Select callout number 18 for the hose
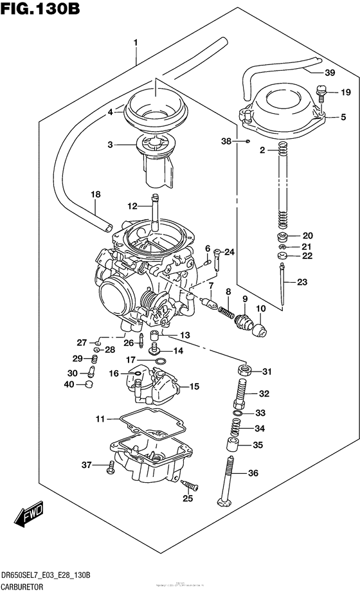click(x=96, y=194)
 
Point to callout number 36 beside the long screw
click(x=253, y=474)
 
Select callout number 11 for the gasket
click(x=99, y=419)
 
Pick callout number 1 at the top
click(x=136, y=42)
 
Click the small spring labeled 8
click(x=225, y=312)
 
